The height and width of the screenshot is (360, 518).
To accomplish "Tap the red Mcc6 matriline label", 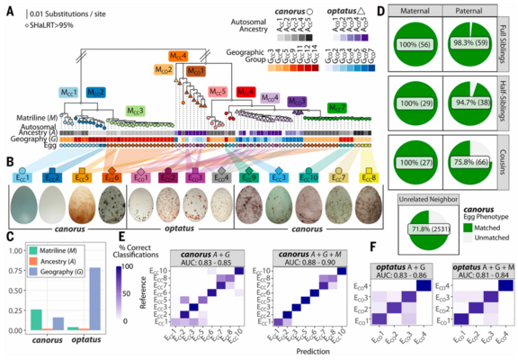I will point(245,92).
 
